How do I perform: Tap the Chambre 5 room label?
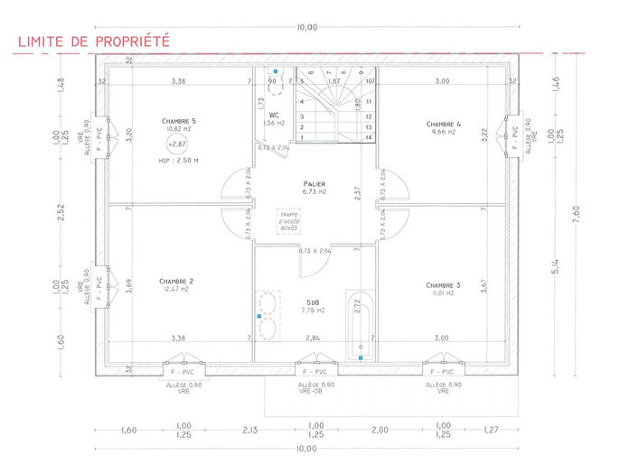point(178,121)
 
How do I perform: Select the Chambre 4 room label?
point(444,124)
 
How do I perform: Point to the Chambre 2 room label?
point(176,281)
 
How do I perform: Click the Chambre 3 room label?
point(443,285)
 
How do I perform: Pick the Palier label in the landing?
point(314,182)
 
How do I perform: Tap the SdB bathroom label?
point(314,302)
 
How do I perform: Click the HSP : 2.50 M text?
point(177,160)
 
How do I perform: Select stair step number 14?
point(369,137)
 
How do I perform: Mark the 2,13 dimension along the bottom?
point(249,430)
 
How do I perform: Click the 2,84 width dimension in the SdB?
point(313,338)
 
